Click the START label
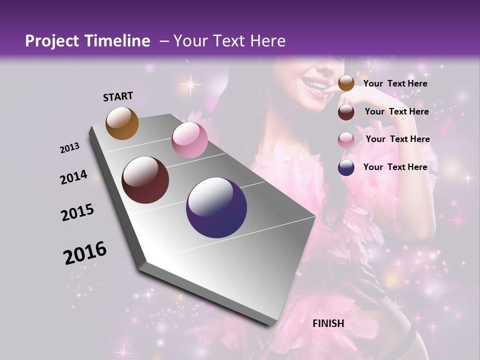point(118,96)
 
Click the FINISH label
point(328,323)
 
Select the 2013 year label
point(70,147)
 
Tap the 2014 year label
point(74,177)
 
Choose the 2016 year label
point(85,253)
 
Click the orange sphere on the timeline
point(122,123)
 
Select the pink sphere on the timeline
point(189,140)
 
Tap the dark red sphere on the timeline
point(145,180)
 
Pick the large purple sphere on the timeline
point(216,207)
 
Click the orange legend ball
point(346,83)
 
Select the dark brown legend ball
point(346,112)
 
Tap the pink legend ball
point(346,140)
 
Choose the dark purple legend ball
point(346,167)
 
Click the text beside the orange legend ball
point(395,83)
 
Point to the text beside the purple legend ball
point(395,167)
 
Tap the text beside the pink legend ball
point(397,139)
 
